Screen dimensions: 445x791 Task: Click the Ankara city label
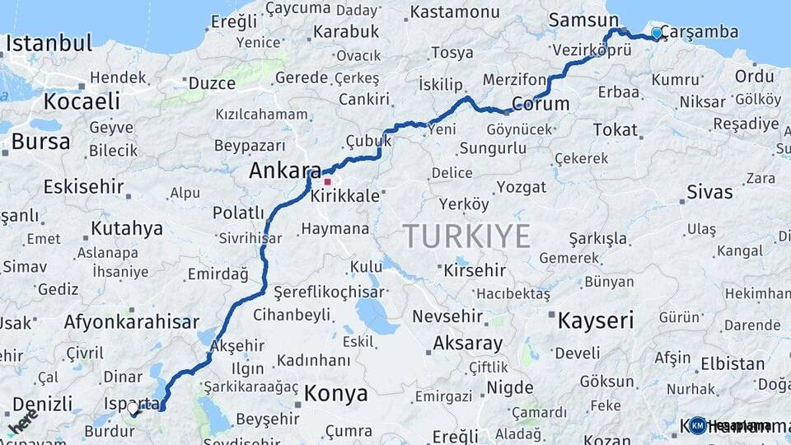[x=285, y=171]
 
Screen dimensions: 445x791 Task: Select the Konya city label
[x=335, y=394]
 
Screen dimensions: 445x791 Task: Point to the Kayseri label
[x=596, y=320]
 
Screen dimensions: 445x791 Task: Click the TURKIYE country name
[x=466, y=237]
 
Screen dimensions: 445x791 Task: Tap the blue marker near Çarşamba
[x=657, y=33]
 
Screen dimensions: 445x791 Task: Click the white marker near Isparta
[x=133, y=408]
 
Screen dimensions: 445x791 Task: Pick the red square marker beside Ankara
[x=327, y=182]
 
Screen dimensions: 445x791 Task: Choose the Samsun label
[x=583, y=20]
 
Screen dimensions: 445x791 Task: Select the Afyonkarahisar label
[x=131, y=322]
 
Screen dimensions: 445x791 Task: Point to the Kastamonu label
[x=454, y=12]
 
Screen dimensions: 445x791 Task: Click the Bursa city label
[x=40, y=142]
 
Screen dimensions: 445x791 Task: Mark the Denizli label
[x=42, y=404]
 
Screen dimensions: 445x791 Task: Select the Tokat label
[x=615, y=130]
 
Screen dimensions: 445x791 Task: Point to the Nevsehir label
[x=445, y=316]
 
